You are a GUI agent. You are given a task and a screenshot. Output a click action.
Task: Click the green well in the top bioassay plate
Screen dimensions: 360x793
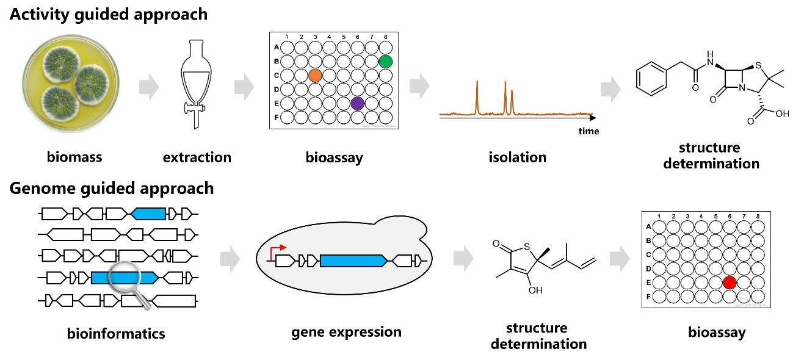[x=385, y=61]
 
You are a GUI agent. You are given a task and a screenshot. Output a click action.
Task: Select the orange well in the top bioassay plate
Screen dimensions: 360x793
[x=315, y=75]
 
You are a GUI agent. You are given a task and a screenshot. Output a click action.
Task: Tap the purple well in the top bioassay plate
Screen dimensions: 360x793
[x=357, y=103]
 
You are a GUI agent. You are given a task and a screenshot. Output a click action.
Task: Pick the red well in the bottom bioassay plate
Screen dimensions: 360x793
[x=728, y=283]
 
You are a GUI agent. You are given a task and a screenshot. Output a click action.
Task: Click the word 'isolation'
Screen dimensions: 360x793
[x=517, y=157]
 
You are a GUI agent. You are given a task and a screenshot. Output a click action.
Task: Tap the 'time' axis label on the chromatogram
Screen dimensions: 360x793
[x=588, y=131]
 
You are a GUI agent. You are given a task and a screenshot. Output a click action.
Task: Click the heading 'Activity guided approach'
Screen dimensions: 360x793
[x=108, y=14]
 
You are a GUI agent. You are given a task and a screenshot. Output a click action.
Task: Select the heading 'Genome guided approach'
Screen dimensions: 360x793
[x=112, y=188]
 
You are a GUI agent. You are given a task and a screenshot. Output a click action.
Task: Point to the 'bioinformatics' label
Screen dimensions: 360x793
[x=116, y=334]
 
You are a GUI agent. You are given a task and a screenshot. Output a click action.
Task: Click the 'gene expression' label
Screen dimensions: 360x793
[x=346, y=332]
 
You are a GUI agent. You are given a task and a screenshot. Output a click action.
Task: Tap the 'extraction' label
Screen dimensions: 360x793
[x=197, y=157]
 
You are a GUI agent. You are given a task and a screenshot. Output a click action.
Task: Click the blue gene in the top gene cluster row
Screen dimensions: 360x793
[x=148, y=214]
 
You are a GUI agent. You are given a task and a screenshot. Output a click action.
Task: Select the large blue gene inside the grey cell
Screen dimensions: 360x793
[x=353, y=261]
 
